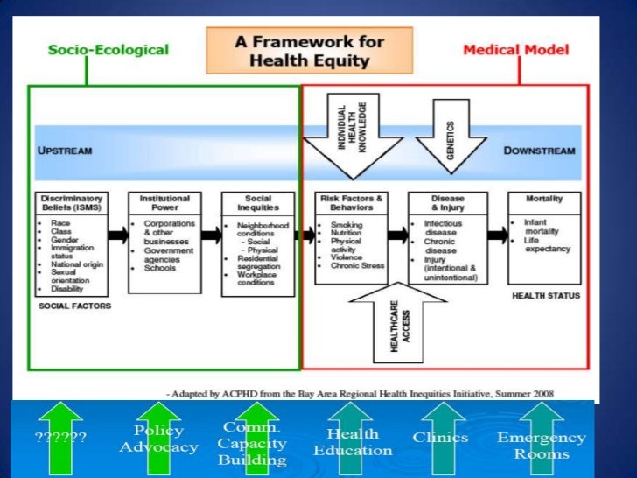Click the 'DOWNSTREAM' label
tap(539, 151)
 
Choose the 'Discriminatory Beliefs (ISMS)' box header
tap(71, 203)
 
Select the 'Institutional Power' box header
tap(164, 203)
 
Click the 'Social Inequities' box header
tap(256, 203)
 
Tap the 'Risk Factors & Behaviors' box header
tap(353, 203)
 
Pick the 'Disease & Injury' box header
tap(447, 203)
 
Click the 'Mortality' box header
tap(544, 199)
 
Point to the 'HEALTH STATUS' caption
tap(545, 296)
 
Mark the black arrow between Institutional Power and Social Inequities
tap(211, 235)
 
